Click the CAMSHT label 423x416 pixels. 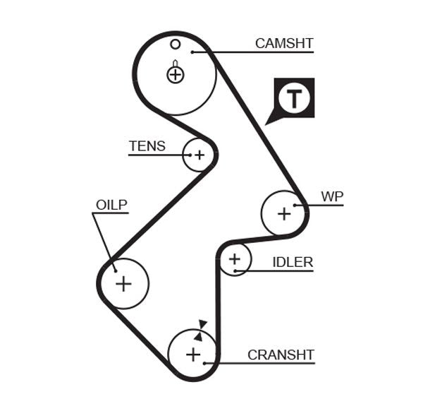pos(283,43)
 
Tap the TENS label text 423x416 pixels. pos(147,146)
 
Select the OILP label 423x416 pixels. pos(111,205)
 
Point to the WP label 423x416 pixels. pos(331,196)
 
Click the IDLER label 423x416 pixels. pos(293,262)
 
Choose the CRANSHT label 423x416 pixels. pos(281,355)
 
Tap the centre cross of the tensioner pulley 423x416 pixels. pos(199,155)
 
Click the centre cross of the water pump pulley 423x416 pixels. pos(284,213)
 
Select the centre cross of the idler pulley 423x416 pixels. pos(235,260)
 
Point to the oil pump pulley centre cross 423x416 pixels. pos(123,283)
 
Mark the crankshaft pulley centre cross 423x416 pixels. pos(193,354)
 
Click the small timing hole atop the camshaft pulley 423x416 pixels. pos(176,44)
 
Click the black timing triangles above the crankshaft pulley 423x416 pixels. pos(201,330)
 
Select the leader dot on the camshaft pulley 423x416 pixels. pos(191,52)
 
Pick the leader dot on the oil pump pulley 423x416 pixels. pos(114,268)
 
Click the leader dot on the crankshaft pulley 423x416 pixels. pos(204,363)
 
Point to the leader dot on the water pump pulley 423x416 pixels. pos(296,206)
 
